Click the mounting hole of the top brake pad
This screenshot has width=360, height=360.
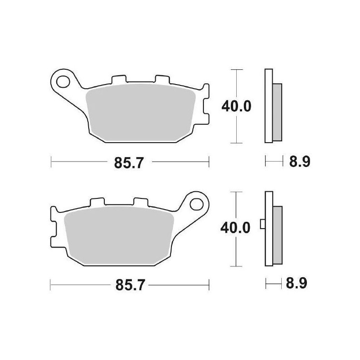coord(63,82)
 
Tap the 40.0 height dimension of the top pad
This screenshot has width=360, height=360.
coord(236,106)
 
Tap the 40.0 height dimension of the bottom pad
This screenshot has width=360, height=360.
coord(235,228)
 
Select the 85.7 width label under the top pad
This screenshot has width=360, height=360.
coord(129,163)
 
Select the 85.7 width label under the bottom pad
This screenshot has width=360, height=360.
coord(130,285)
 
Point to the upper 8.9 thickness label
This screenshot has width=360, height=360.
coord(300,162)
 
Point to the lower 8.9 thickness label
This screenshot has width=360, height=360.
coord(296,283)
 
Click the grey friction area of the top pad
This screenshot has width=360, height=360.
coord(140,112)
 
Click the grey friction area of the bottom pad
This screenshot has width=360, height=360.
coord(119,235)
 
